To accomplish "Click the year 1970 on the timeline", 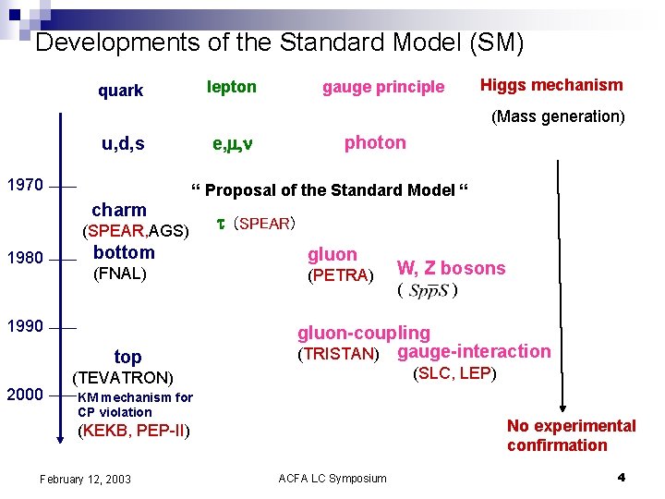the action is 25,185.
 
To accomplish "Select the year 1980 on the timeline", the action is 25,257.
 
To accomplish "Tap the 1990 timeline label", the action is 25,326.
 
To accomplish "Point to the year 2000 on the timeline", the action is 25,395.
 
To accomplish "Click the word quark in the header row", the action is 121,91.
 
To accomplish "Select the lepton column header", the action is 232,87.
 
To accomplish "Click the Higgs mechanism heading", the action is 551,85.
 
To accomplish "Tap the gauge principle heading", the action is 383,87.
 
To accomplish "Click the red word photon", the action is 375,142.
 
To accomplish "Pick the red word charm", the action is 119,210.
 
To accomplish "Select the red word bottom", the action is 125,252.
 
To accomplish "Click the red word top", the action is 127,357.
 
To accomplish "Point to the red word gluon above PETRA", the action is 332,254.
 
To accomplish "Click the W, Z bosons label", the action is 451,268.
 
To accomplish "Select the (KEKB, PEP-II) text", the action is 135,430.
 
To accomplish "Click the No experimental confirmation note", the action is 571,435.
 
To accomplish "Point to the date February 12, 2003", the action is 85,479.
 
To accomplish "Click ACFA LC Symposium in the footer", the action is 332,478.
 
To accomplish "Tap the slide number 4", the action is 622,478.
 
